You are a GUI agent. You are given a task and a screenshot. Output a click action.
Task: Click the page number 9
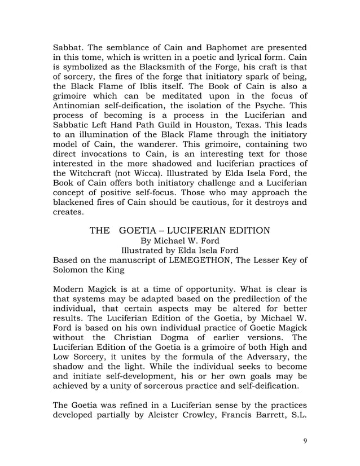[305, 441]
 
